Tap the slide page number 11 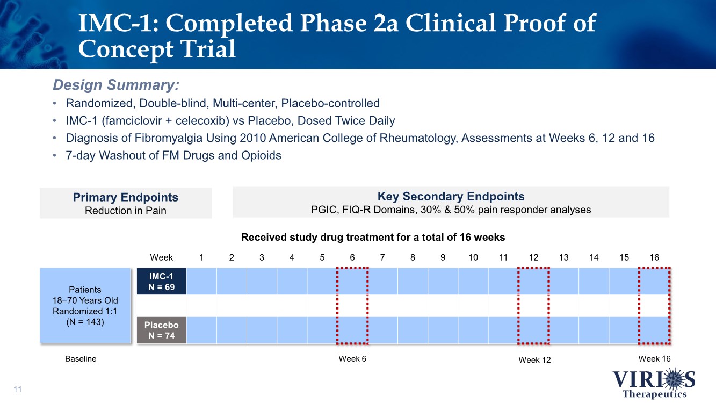[18, 389]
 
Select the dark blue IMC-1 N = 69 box [162, 281]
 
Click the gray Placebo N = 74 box [162, 330]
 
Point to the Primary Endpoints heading [126, 197]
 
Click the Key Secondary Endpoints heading [451, 196]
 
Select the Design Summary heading [116, 85]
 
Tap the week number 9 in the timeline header [443, 257]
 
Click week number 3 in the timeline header [262, 257]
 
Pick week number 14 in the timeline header [594, 257]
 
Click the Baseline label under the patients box [81, 359]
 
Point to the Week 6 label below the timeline [352, 359]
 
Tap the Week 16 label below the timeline [654, 358]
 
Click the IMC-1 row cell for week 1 [201, 281]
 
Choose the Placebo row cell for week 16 [654, 330]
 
